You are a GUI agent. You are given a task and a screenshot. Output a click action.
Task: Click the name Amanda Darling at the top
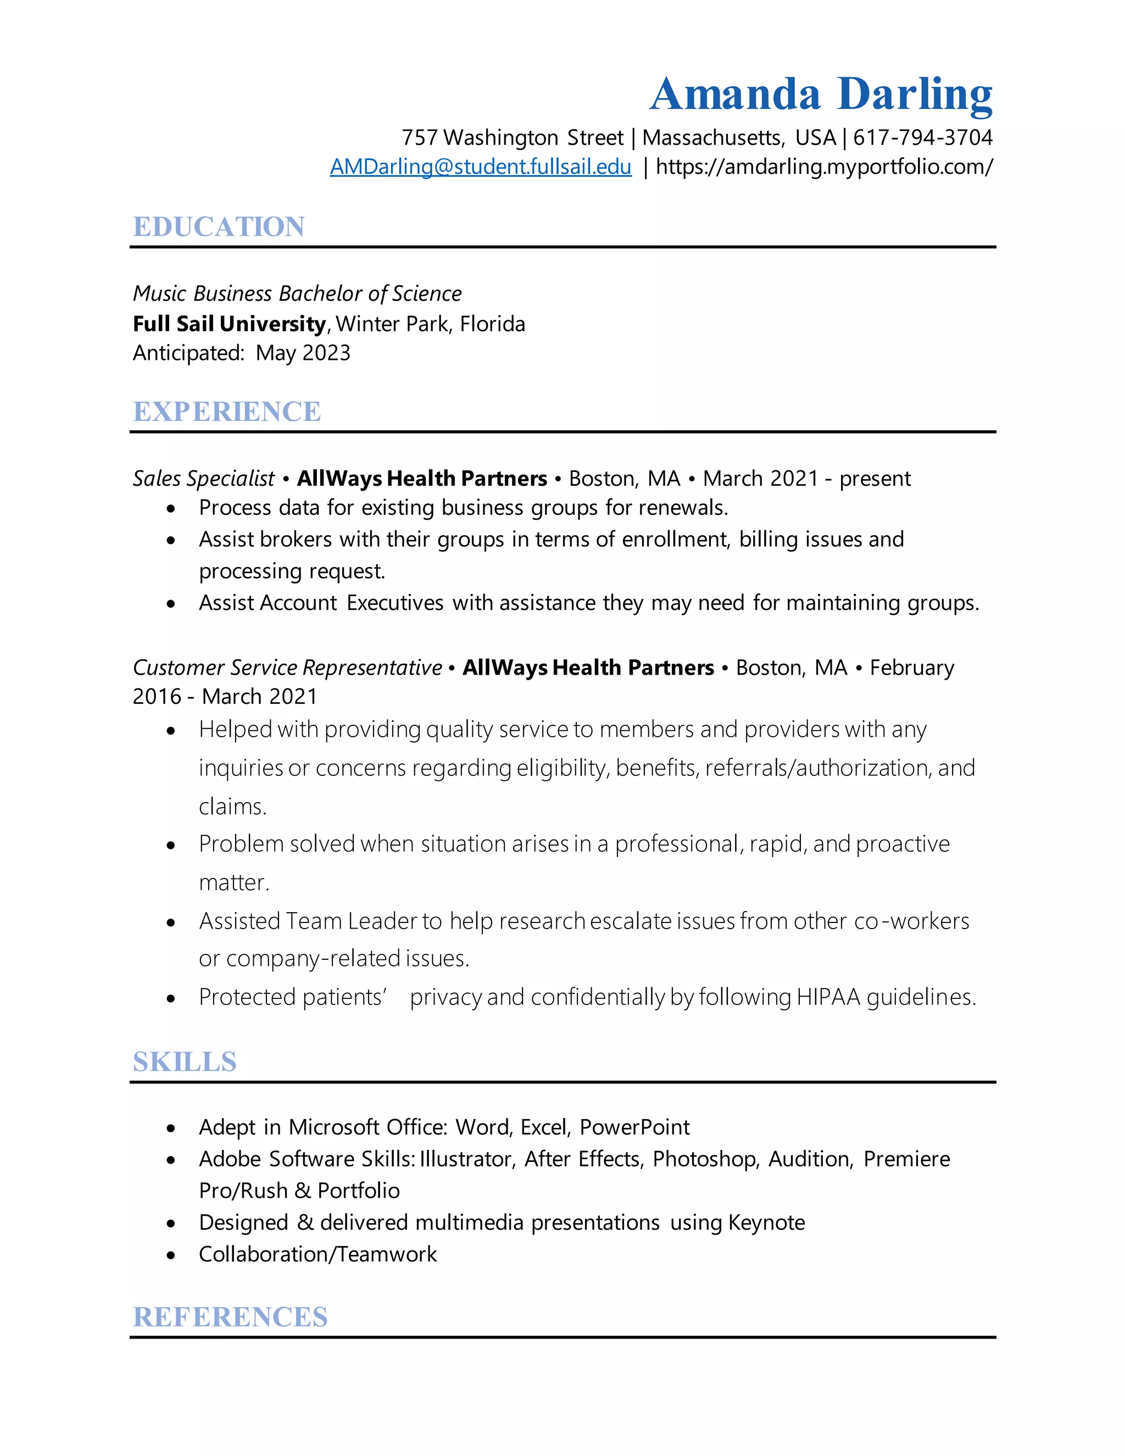click(x=821, y=94)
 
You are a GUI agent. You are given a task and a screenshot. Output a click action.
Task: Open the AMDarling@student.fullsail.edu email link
click(x=481, y=166)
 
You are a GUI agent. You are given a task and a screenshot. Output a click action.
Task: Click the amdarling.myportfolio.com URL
click(x=825, y=166)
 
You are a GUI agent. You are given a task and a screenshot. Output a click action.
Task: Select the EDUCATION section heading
click(x=219, y=227)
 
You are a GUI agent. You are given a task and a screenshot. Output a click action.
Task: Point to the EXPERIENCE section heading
click(x=227, y=412)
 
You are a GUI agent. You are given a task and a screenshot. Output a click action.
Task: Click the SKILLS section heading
click(x=185, y=1062)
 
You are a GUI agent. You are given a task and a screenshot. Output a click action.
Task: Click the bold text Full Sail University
click(x=229, y=324)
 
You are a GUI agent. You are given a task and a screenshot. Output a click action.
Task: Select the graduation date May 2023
click(x=303, y=353)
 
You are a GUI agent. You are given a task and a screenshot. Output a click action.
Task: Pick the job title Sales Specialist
click(x=203, y=479)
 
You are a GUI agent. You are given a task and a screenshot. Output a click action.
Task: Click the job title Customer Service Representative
click(x=287, y=668)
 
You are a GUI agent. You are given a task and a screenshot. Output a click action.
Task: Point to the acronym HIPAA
click(x=828, y=997)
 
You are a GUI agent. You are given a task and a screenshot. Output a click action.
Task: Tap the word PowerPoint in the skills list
click(x=634, y=1127)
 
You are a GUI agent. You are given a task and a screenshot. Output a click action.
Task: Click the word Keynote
click(x=766, y=1222)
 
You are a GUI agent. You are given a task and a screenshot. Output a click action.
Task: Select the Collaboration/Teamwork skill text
click(x=318, y=1255)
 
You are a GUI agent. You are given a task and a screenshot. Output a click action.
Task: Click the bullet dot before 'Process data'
click(x=171, y=509)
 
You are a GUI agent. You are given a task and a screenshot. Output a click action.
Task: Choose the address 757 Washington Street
click(x=512, y=137)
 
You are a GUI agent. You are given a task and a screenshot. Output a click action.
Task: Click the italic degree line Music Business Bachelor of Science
click(x=297, y=293)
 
